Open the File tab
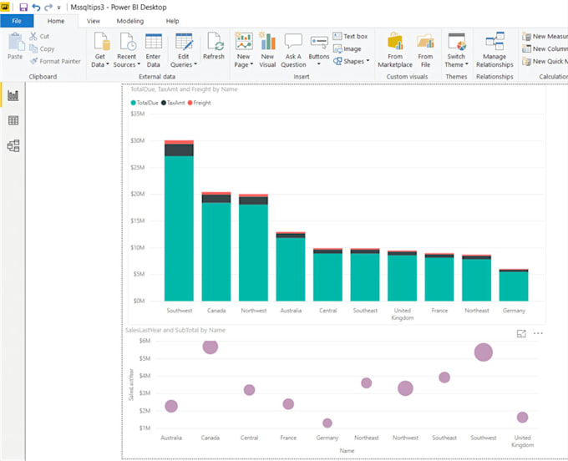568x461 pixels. click(x=17, y=20)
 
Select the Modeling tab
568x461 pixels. click(x=129, y=20)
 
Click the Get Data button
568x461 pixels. click(x=100, y=50)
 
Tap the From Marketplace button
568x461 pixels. click(x=395, y=50)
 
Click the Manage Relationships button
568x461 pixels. click(x=494, y=50)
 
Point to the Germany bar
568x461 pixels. click(x=514, y=286)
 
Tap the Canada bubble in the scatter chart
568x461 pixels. click(x=210, y=346)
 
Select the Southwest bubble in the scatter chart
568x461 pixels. click(x=483, y=352)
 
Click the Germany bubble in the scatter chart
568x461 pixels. click(x=327, y=423)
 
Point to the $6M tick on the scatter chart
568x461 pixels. click(x=144, y=340)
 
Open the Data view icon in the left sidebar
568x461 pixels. click(x=13, y=121)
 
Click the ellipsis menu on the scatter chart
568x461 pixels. click(x=538, y=333)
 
